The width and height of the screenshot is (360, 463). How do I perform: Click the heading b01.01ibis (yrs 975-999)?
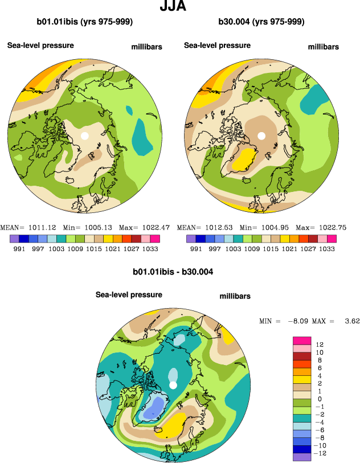(85, 22)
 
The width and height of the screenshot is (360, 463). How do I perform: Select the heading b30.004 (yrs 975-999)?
(261, 22)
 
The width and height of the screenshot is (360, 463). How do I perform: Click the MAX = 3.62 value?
(336, 321)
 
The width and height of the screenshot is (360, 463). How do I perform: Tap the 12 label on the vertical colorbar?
(320, 345)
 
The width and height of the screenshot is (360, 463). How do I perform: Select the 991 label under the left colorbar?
(19, 249)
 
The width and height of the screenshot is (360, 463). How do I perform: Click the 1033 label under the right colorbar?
(327, 249)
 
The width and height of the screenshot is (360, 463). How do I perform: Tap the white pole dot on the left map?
(85, 136)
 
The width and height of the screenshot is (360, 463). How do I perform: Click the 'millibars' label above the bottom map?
(235, 296)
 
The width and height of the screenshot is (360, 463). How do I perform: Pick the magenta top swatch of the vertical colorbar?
(302, 340)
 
